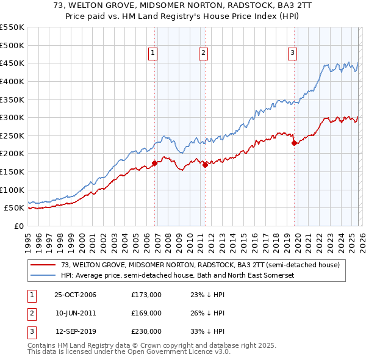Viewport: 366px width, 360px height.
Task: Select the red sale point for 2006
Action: point(155,163)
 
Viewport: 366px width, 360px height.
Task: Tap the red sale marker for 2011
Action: point(205,164)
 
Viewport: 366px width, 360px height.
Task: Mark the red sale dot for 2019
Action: point(294,143)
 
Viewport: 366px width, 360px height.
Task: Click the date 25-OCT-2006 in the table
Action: point(75,295)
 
